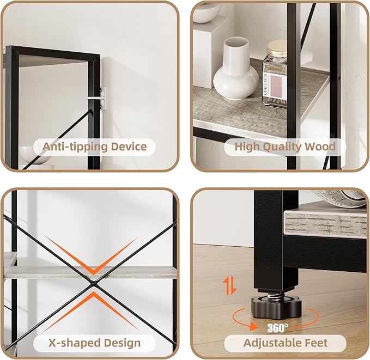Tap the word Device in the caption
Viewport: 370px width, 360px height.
tap(129, 147)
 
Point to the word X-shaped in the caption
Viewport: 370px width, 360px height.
tap(74, 343)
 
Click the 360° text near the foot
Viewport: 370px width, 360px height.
tap(277, 328)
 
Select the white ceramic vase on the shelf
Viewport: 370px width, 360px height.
tap(236, 69)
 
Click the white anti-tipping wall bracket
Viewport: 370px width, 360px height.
tap(103, 98)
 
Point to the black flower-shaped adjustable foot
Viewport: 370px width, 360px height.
tap(276, 307)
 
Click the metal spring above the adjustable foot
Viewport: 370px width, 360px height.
tap(276, 294)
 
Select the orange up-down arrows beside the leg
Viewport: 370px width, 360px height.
tap(230, 286)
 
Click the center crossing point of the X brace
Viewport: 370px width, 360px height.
tap(93, 283)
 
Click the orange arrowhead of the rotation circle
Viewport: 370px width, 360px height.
tap(253, 326)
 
